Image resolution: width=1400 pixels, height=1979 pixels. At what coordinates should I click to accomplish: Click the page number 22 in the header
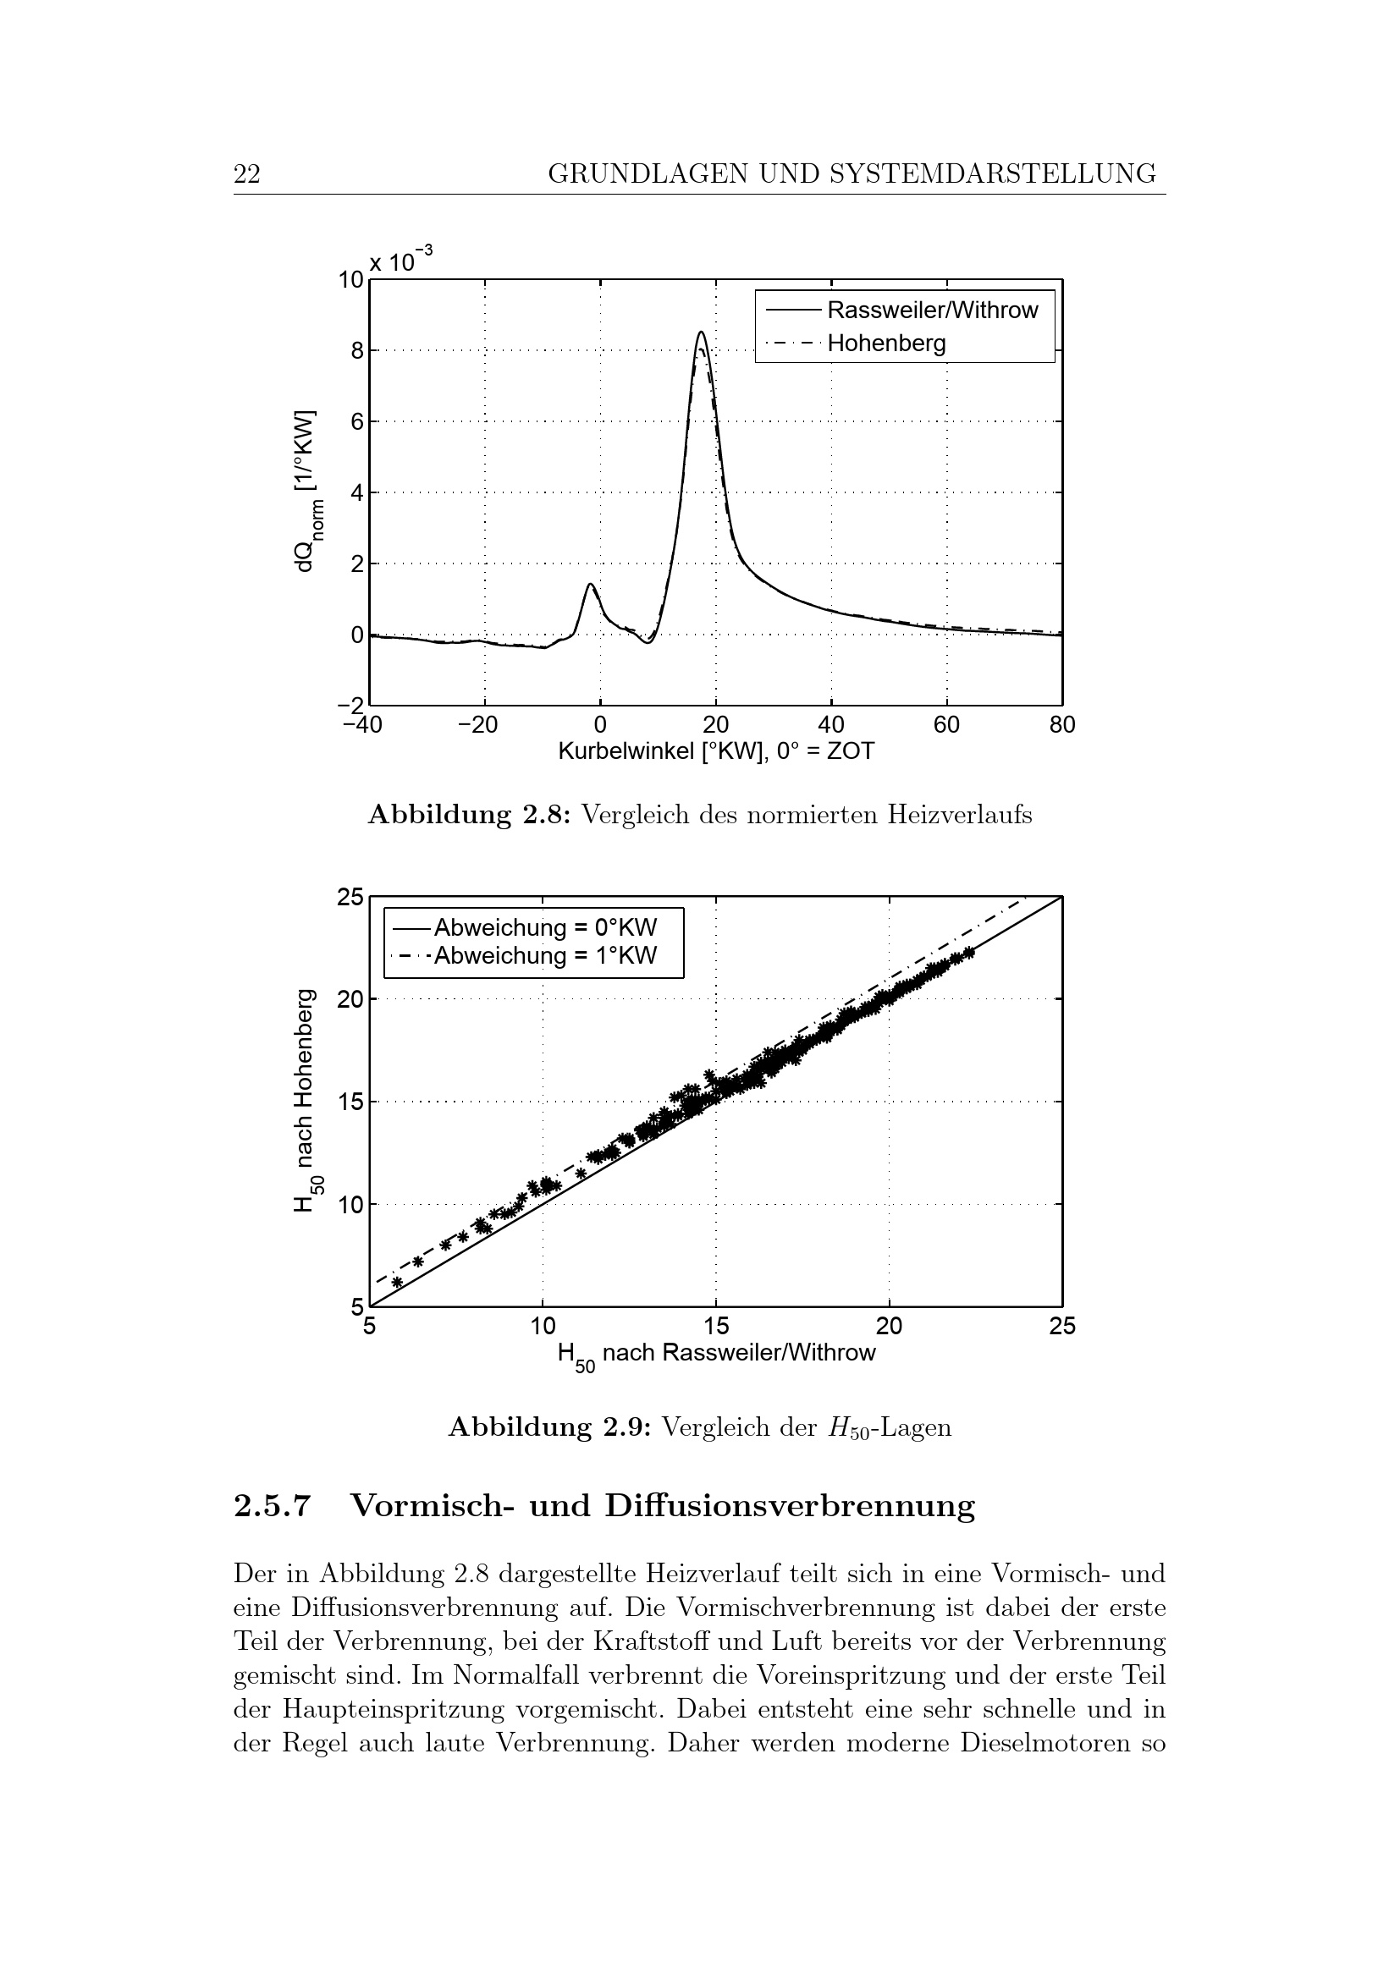(246, 174)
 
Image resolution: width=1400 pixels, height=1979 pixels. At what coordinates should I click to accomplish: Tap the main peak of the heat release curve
(702, 333)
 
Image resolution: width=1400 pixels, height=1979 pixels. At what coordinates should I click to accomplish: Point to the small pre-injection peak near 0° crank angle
(591, 585)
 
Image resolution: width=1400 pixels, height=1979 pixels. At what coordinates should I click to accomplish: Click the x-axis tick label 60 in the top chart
(946, 725)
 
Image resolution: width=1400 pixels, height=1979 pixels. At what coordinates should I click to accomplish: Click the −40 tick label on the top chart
(362, 725)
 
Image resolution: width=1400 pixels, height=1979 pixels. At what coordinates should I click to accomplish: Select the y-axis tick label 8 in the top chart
(356, 351)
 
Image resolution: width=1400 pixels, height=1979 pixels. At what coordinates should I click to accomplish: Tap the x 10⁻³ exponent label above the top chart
(401, 260)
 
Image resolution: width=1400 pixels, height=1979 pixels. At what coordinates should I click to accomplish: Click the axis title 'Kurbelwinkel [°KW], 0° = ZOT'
(715, 751)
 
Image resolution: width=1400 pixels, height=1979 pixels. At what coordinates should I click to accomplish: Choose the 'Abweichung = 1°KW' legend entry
(545, 955)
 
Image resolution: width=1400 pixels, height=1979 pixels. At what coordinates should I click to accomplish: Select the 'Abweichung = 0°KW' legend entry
(545, 928)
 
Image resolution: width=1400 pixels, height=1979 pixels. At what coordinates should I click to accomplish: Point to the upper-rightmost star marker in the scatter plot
(969, 953)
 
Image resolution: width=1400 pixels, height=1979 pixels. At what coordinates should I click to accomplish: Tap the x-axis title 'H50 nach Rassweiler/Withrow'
(715, 1354)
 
